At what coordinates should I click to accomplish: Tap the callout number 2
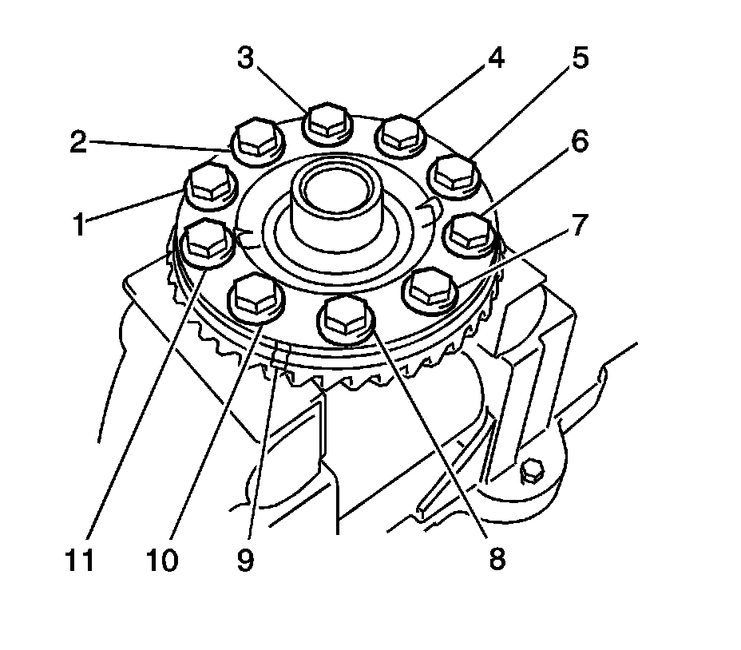tap(77, 142)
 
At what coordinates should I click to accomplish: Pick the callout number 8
tap(497, 558)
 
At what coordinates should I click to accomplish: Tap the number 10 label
tap(163, 560)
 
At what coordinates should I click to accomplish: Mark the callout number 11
tap(81, 560)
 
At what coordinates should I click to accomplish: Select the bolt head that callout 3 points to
tap(326, 120)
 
